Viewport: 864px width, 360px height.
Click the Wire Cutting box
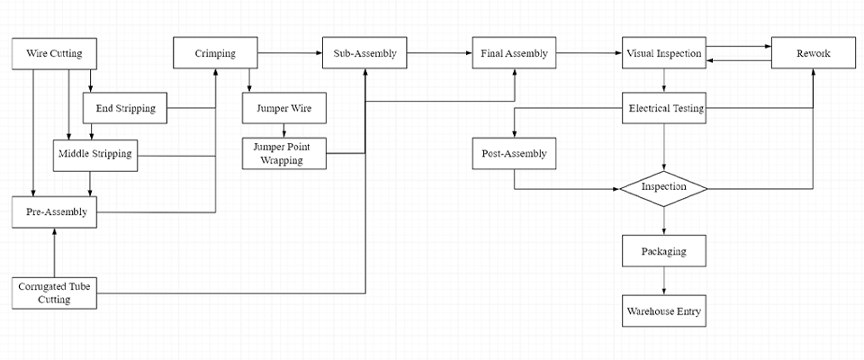pos(54,54)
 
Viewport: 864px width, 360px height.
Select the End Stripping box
pos(125,109)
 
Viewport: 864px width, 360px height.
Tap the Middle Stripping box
pos(94,154)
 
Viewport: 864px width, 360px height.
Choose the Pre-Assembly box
pos(54,212)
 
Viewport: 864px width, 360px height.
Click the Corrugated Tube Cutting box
pos(54,292)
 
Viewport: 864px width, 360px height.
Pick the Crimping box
pos(215,54)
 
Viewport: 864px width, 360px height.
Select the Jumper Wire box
pos(283,109)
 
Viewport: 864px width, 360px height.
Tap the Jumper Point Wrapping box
pos(283,154)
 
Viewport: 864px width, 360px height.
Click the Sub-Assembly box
pos(364,54)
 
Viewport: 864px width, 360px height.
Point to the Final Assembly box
pos(514,54)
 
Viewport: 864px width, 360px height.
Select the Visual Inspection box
pos(663,54)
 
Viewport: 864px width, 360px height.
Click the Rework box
pos(813,54)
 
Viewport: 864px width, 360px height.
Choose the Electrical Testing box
pos(663,109)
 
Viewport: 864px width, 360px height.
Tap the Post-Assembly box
pos(514,154)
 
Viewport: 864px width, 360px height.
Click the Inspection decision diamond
pos(663,188)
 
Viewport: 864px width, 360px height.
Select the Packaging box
pos(663,250)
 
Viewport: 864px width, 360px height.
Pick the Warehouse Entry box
pos(663,311)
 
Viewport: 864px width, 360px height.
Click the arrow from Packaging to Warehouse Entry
pos(663,281)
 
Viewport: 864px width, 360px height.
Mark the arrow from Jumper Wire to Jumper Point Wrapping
pos(283,130)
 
